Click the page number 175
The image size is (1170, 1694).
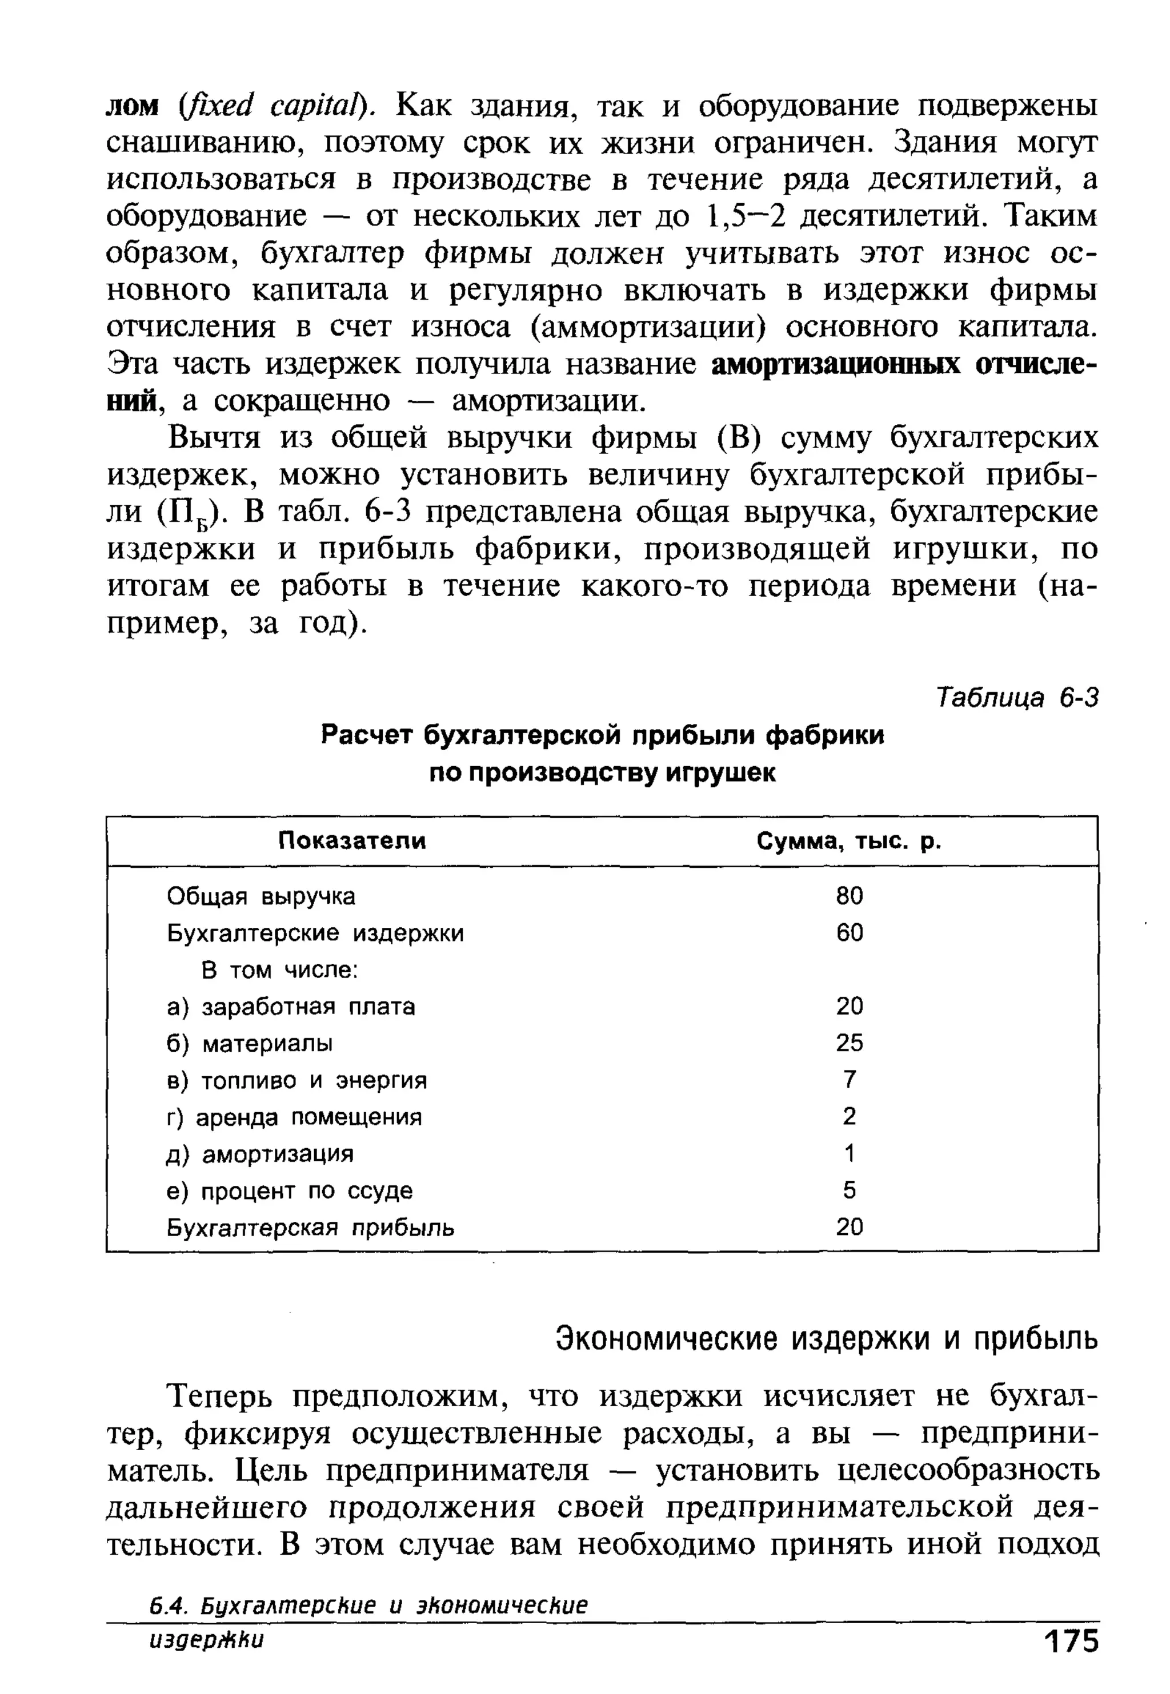[x=1072, y=1663]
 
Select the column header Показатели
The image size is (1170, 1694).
[x=352, y=840]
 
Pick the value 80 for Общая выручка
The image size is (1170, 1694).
[x=850, y=895]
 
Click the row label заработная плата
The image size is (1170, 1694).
[x=308, y=1006]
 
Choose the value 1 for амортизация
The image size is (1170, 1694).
[x=850, y=1153]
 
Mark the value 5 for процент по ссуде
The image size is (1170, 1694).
[x=850, y=1190]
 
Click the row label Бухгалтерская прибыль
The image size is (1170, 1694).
[x=311, y=1228]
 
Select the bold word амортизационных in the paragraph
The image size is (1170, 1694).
[x=836, y=364]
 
